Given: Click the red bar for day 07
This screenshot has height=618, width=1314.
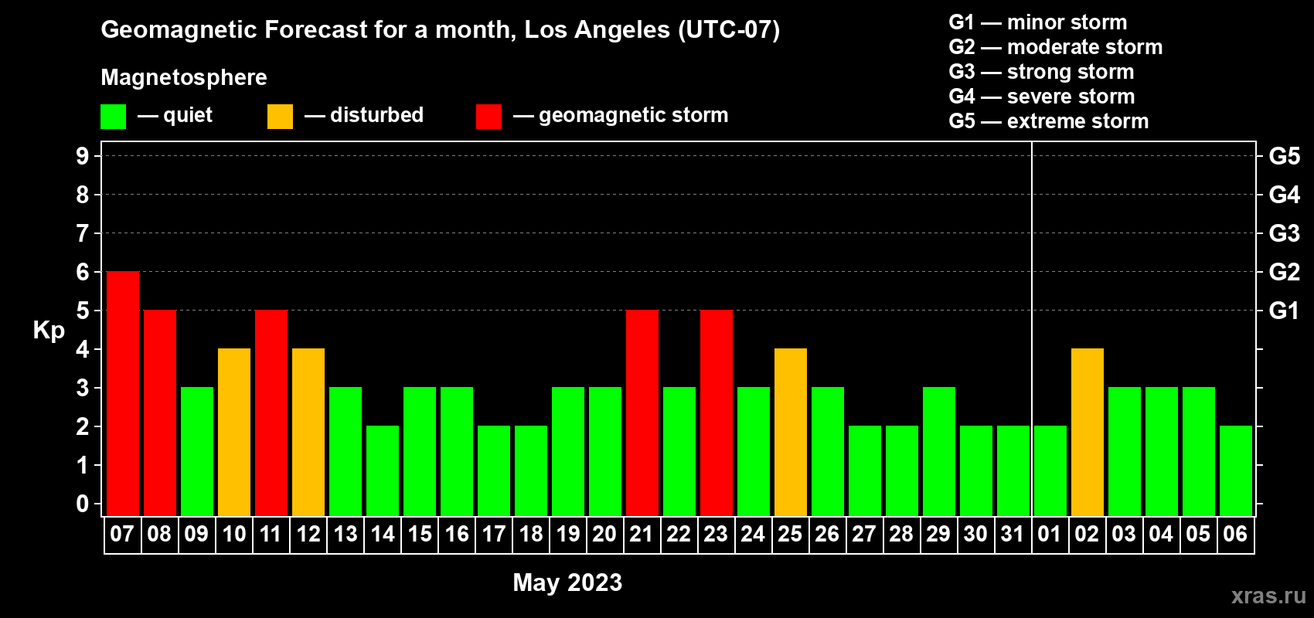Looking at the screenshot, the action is click(123, 393).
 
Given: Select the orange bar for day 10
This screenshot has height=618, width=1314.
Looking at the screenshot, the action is click(234, 432).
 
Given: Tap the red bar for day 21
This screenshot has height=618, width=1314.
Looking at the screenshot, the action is click(642, 413).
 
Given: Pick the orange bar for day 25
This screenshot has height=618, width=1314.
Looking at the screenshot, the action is click(791, 432).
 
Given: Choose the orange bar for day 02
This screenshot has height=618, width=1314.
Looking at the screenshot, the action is click(1088, 432).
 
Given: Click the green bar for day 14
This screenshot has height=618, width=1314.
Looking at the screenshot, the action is click(383, 470).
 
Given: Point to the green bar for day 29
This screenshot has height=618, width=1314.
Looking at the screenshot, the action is click(939, 451).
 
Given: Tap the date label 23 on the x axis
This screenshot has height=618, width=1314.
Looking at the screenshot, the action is click(716, 534).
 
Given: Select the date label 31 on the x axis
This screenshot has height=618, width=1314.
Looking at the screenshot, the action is click(1013, 534).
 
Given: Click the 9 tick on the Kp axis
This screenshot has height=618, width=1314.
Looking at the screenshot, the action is click(82, 156).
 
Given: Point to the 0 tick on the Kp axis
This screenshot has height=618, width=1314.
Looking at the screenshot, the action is click(82, 504).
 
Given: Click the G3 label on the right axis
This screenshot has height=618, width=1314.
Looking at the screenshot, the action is click(1285, 233).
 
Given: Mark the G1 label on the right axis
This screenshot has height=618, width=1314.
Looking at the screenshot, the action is click(1285, 311).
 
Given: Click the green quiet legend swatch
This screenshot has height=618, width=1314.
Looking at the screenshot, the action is click(113, 116).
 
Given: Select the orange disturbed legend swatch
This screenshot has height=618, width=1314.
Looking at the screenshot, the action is click(281, 116).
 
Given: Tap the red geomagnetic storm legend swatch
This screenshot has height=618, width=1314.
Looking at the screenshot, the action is click(489, 116).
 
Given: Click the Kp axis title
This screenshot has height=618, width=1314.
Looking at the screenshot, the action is click(49, 331).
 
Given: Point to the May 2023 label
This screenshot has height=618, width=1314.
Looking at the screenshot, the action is click(567, 582).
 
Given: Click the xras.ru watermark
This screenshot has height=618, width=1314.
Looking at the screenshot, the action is click(1268, 596).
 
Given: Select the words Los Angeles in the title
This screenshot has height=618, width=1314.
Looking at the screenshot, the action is click(597, 30).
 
